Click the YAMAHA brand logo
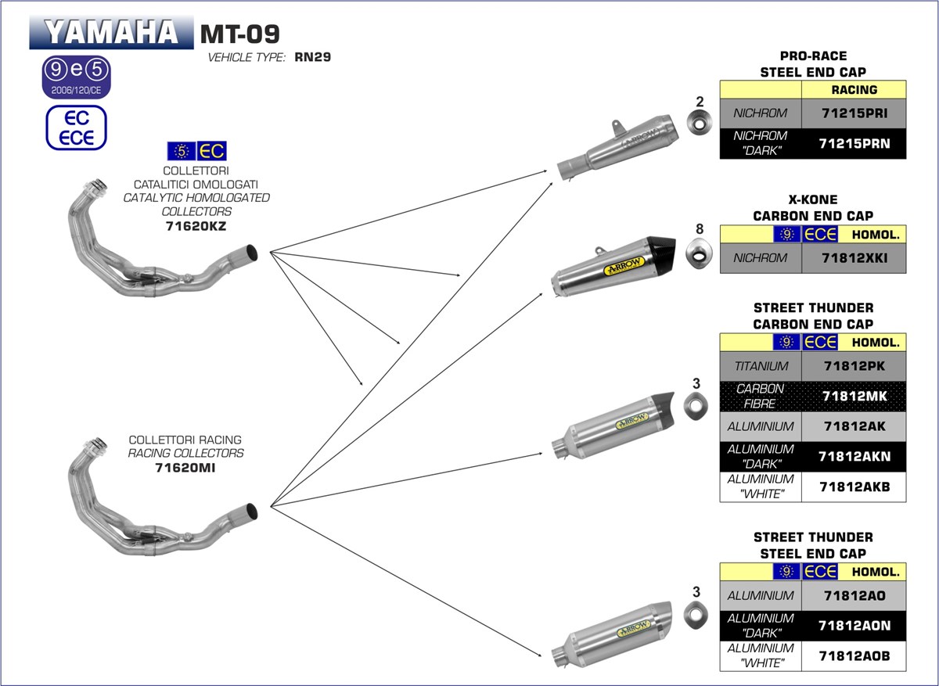click(x=110, y=32)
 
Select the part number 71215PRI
click(x=854, y=113)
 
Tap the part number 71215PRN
click(x=854, y=144)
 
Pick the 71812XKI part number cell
click(x=854, y=257)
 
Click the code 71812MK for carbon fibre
click(x=854, y=397)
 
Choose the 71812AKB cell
click(x=854, y=487)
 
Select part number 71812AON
click(x=854, y=626)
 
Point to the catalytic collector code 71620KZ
click(x=196, y=227)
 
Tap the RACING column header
click(x=854, y=89)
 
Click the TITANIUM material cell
click(x=761, y=365)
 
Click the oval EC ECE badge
click(x=75, y=128)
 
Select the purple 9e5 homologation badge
click(x=76, y=77)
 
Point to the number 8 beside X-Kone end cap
click(x=700, y=229)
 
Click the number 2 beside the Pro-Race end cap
click(x=700, y=101)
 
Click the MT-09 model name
click(x=239, y=33)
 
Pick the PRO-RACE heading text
click(x=813, y=56)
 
